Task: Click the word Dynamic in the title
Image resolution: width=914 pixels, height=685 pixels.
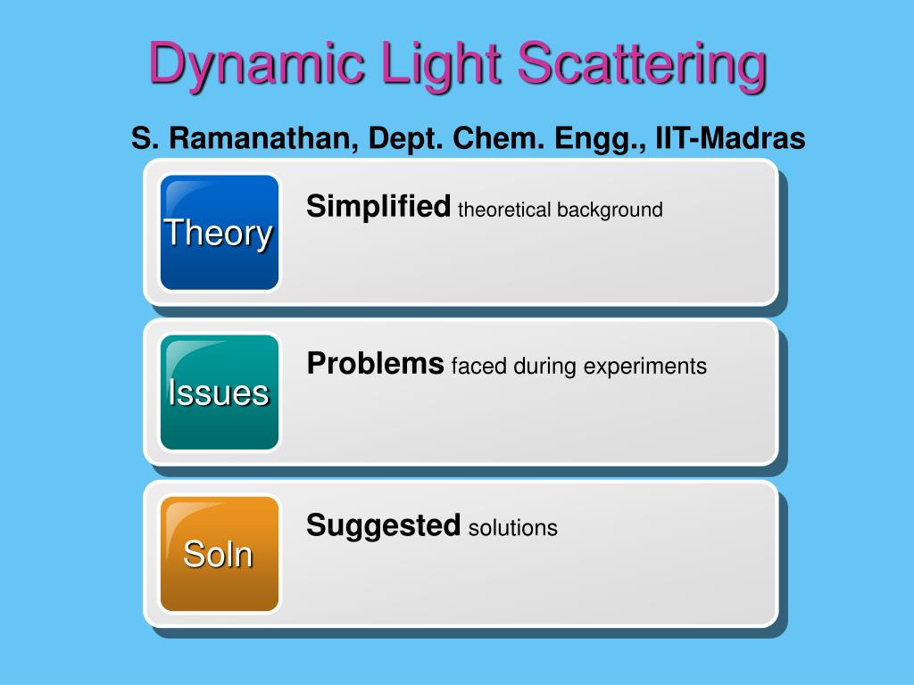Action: tap(256, 63)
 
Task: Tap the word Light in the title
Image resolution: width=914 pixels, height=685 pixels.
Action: tap(442, 63)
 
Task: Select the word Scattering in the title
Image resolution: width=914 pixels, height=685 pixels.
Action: tap(642, 63)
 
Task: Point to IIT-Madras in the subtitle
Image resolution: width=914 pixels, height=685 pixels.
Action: tap(730, 138)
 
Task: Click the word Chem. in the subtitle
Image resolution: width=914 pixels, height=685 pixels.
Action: tap(499, 138)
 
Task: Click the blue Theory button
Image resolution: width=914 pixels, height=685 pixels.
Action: tap(220, 233)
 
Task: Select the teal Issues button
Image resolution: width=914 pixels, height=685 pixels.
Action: tap(220, 392)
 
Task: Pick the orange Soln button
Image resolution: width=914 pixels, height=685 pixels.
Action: tap(220, 554)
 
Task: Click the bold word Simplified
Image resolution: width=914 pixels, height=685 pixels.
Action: tap(378, 206)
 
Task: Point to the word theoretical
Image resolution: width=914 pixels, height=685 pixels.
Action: tap(504, 210)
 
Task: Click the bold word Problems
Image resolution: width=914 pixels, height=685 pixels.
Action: tap(376, 364)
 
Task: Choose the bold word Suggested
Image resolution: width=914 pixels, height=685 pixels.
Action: tap(383, 526)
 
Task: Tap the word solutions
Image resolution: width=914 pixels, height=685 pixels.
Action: tap(513, 528)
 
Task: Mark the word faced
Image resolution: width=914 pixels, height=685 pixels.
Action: tap(478, 367)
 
